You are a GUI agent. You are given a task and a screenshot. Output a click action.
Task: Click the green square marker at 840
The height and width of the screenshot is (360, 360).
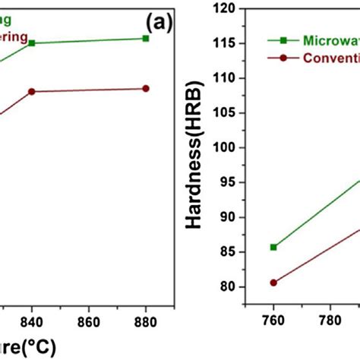click(31, 43)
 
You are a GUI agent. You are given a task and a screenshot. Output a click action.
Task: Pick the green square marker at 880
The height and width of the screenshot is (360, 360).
click(146, 38)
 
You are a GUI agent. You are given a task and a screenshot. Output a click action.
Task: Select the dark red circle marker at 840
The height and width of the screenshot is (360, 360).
click(31, 91)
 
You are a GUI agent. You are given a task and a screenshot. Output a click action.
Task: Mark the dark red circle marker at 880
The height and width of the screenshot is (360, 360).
click(146, 88)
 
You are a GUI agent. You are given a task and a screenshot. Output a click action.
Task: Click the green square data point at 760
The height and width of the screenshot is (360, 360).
click(273, 247)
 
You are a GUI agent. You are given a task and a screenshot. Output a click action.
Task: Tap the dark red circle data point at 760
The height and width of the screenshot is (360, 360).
click(273, 283)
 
